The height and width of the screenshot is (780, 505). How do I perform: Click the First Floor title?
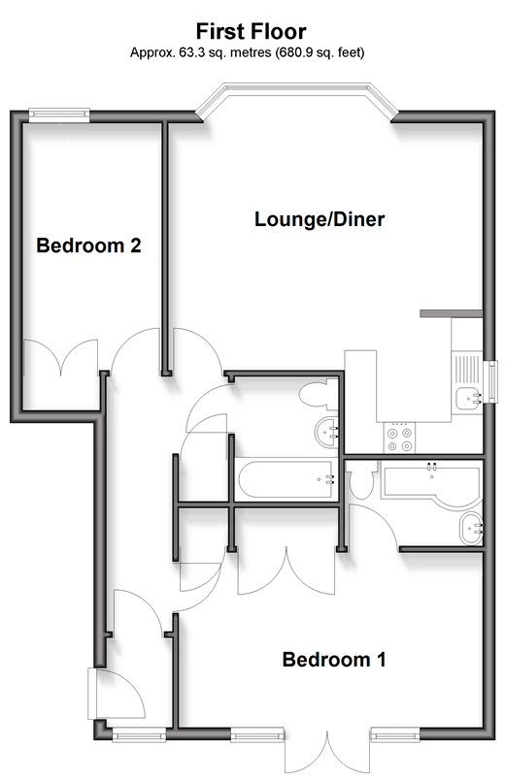(x=251, y=31)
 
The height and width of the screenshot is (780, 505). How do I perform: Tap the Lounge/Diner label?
(x=320, y=219)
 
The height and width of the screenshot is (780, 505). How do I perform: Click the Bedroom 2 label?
(x=88, y=245)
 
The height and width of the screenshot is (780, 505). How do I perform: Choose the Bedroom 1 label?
(x=334, y=660)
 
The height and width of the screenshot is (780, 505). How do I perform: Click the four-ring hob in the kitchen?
(x=400, y=438)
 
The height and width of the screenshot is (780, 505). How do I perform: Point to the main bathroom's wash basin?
(x=326, y=433)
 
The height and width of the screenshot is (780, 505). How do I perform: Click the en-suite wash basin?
(x=471, y=529)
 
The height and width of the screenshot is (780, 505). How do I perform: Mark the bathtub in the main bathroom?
(x=286, y=479)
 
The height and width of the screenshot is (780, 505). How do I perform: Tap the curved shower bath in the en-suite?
(x=432, y=483)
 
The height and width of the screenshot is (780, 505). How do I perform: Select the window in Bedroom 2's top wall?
(x=59, y=114)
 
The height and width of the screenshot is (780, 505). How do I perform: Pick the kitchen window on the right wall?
(x=491, y=381)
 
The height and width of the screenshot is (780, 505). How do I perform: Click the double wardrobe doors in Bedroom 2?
(x=61, y=357)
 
